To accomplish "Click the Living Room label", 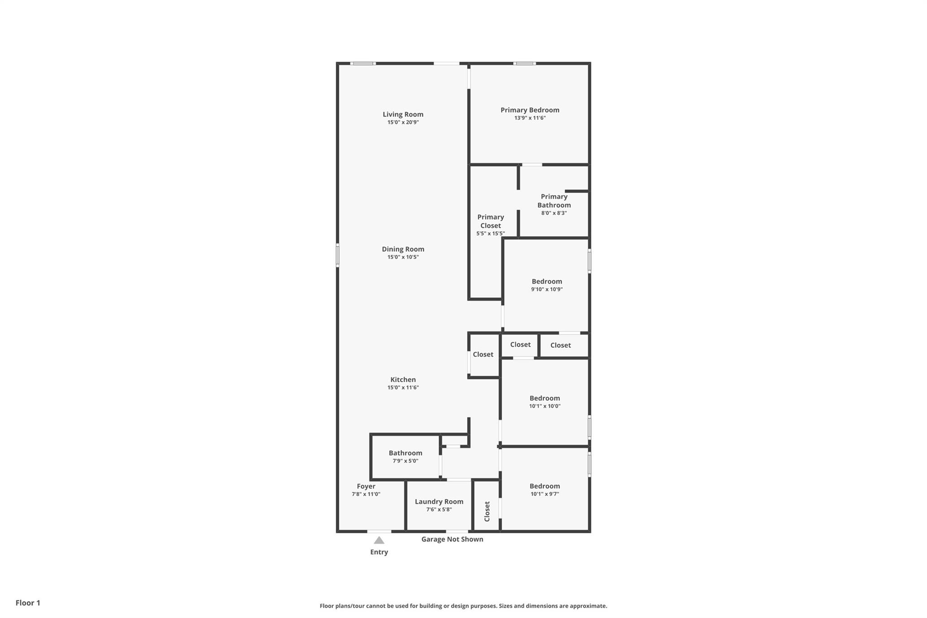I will point(403,115).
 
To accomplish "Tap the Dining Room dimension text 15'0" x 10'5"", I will point(403,257).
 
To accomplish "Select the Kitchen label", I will point(403,380).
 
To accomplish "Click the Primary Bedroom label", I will point(530,110).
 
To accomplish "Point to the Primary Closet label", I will point(490,221).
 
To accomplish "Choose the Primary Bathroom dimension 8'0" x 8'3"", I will point(554,213).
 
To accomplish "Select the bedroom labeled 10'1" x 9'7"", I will point(545,489).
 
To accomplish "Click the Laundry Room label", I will point(439,502).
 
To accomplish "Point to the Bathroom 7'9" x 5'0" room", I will point(405,456).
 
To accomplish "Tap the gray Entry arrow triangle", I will point(379,540).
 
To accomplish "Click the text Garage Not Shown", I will point(452,539).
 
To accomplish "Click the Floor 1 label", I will point(28,603).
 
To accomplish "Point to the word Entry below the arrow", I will point(379,552).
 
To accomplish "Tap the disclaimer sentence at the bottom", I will point(463,606).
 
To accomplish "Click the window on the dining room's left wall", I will point(338,255).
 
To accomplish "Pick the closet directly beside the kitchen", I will point(483,355).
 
